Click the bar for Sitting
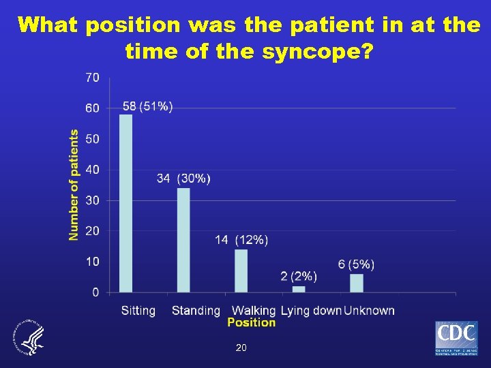pos(126,203)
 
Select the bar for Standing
pos(183,240)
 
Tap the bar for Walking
pos(241,271)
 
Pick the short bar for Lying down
pos(299,289)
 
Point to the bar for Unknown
pos(356,283)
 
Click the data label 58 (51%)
pos(147,106)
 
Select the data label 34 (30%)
pos(183,179)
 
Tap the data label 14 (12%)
pos(241,240)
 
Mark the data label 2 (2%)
pos(298,276)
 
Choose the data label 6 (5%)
pos(356,264)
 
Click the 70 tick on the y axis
pos(92,78)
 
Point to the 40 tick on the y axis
pos(92,170)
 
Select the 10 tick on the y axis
pos(92,262)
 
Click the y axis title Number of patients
pos(74,185)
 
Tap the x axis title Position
pos(251,322)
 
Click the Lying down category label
pos(311,311)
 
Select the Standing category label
pos(196,311)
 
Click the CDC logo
pos(456,338)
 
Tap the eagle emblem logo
pos(27,337)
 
